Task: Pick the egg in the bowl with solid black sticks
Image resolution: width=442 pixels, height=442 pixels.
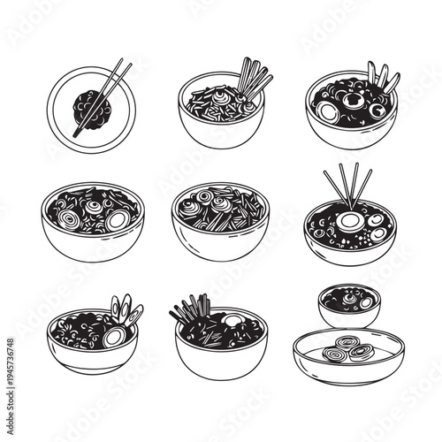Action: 233,321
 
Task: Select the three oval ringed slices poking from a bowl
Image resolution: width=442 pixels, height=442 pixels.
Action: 126,309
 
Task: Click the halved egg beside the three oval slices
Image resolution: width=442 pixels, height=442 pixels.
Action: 115,335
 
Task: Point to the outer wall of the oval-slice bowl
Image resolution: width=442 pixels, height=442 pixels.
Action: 88,358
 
